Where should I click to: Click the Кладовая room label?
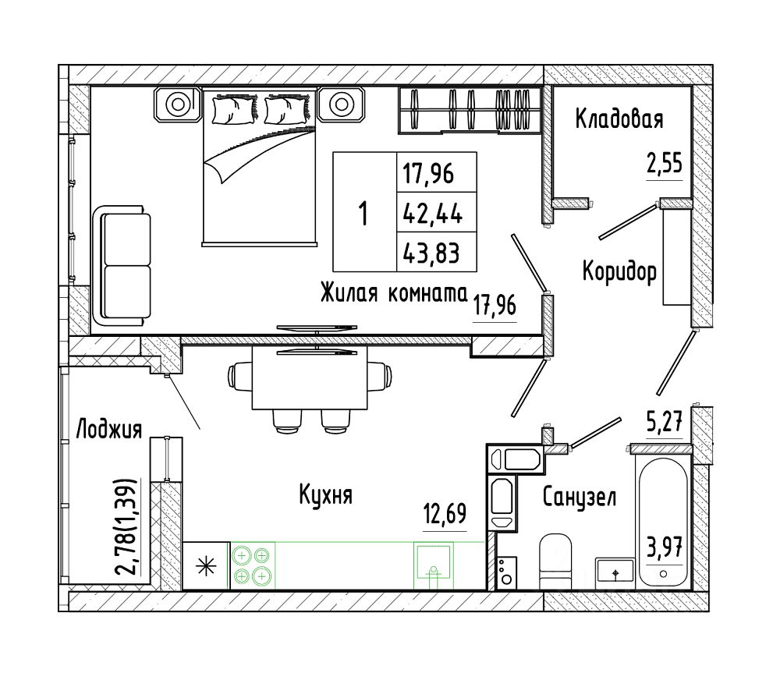coord(619,119)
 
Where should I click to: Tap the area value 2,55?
coord(664,165)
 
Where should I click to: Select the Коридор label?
coord(619,271)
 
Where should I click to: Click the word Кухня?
coord(326,494)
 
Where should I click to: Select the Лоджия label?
coord(108,429)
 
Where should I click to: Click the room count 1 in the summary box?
coord(363,211)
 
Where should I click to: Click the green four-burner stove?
coord(252,565)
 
